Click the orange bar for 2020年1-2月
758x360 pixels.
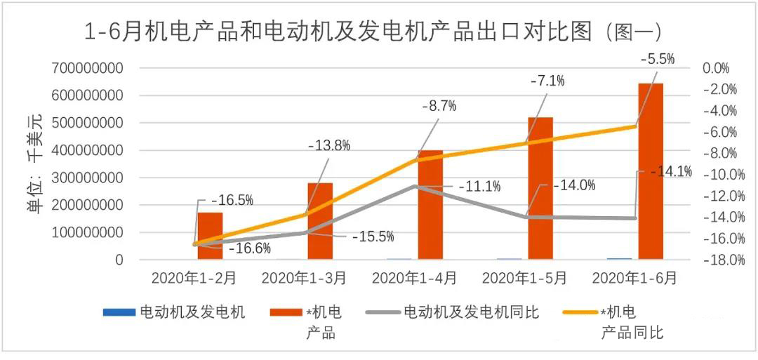210,236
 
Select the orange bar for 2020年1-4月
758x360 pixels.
430,205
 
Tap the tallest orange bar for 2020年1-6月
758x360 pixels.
651,171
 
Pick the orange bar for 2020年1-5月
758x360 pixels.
540,188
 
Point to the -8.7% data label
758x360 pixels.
439,107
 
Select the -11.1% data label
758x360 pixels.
479,187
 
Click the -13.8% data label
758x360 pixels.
329,146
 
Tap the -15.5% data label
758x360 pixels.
373,236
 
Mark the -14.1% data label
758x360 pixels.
671,171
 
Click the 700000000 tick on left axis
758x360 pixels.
88,68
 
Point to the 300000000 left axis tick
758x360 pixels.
88,178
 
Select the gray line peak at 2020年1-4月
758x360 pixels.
415,186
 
